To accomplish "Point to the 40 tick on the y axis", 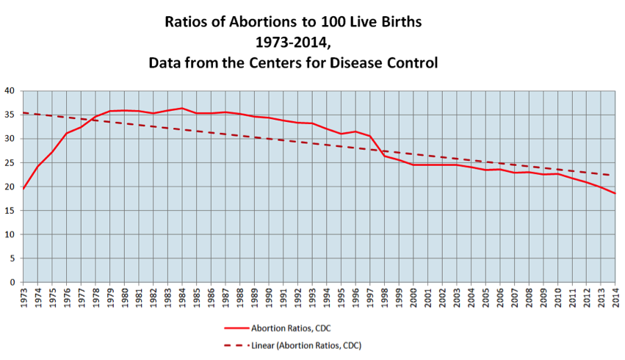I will pyautogui.click(x=10, y=91).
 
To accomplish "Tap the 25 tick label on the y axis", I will pyautogui.click(x=10, y=163).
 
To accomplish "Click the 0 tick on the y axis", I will pyautogui.click(x=12, y=282).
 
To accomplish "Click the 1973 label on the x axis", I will pyautogui.click(x=23, y=300).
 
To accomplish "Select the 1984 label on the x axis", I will pyautogui.click(x=182, y=300).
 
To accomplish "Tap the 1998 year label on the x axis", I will pyautogui.click(x=384, y=300).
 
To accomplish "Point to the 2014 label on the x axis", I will pyautogui.click(x=615, y=300).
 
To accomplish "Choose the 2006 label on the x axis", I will pyautogui.click(x=499, y=300).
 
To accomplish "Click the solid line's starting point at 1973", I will pyautogui.click(x=23, y=189).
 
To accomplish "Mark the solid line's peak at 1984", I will pyautogui.click(x=182, y=108).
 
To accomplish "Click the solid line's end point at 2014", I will pyautogui.click(x=615, y=193).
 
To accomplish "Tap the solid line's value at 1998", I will pyautogui.click(x=384, y=156).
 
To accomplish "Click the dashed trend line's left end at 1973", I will pyautogui.click(x=23, y=112).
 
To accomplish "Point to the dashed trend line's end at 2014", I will pyautogui.click(x=615, y=176).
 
